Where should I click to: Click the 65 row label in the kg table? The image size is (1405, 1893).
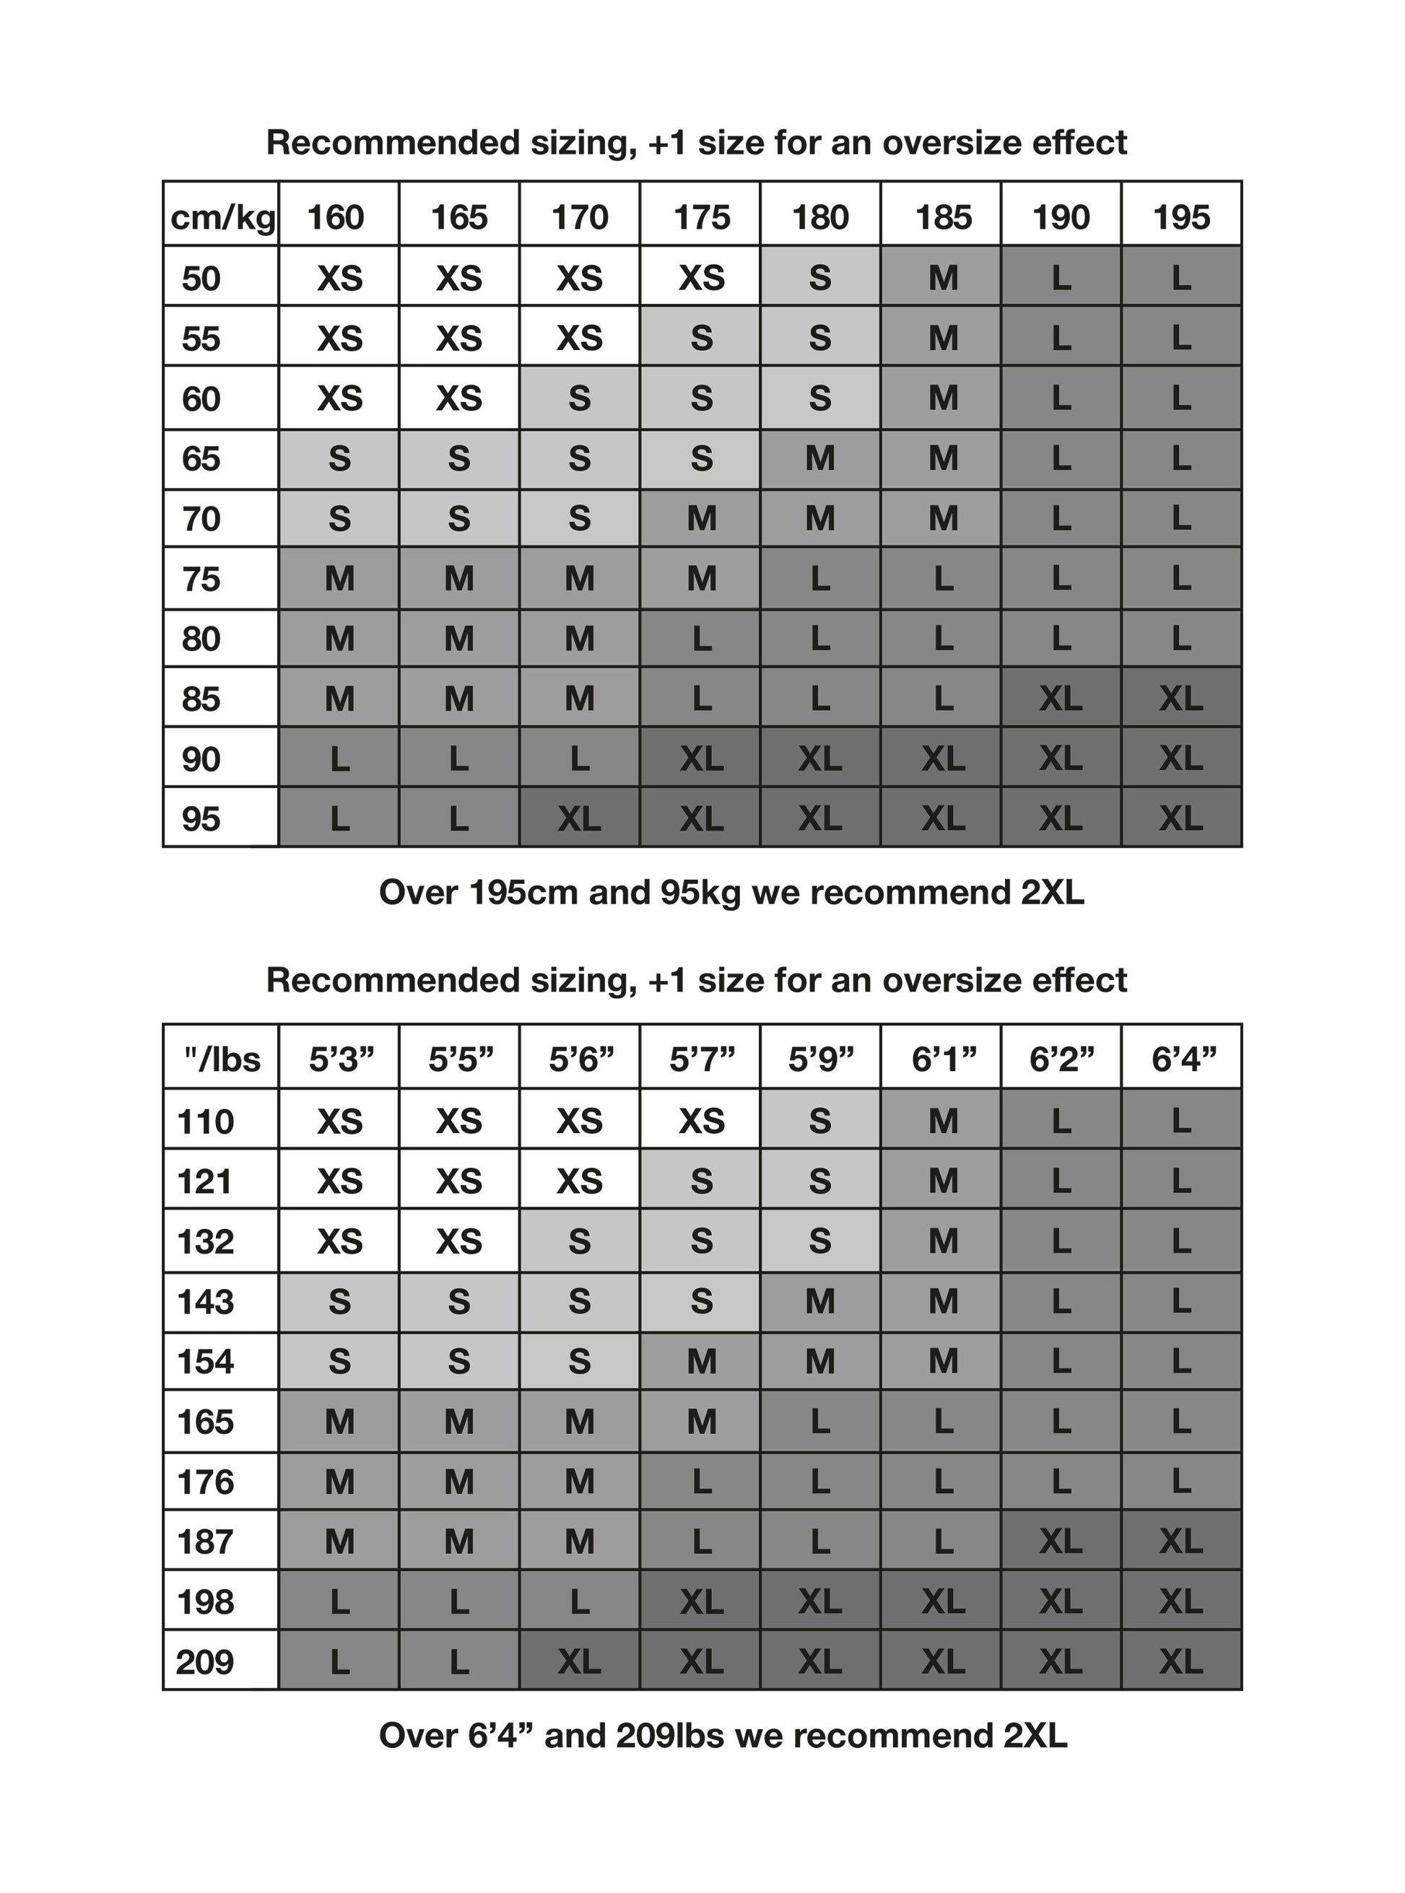[x=201, y=459]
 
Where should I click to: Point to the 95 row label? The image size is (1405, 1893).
[x=201, y=818]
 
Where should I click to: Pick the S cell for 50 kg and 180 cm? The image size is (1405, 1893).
[x=820, y=278]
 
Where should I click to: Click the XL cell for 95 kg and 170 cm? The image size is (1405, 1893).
[x=579, y=818]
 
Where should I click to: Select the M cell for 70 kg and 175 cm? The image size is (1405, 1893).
[x=701, y=518]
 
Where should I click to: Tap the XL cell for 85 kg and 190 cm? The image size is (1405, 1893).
[x=1061, y=699]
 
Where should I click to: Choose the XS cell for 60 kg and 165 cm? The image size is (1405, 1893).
[x=458, y=398]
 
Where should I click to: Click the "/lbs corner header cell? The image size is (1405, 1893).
[x=222, y=1059]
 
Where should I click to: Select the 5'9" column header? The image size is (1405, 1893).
[x=820, y=1059]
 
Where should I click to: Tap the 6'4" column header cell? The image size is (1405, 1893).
[x=1182, y=1059]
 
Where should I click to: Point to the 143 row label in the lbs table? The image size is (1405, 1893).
[x=206, y=1301]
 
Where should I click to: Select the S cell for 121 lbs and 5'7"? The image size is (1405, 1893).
[x=701, y=1181]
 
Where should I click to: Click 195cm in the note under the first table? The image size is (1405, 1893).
[x=545, y=893]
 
